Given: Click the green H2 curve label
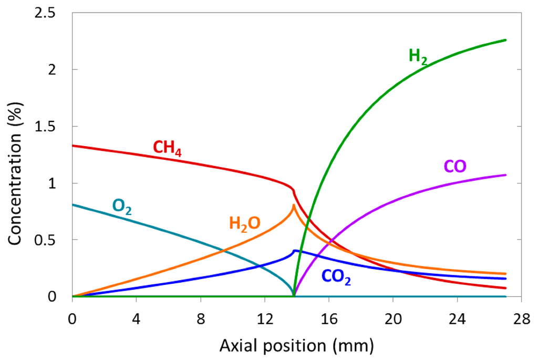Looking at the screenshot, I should coord(418,56).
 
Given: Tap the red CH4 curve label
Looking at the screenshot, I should coord(167,148).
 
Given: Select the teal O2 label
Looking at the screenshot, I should coord(121,207).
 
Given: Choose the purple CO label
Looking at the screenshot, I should coord(455,167).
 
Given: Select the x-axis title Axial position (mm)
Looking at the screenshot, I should coord(296,345).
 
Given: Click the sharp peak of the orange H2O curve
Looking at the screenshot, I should coord(293,205).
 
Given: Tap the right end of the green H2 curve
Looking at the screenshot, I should coord(505,40).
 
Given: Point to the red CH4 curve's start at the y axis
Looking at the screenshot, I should coord(73,146).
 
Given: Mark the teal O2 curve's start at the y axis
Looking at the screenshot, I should coord(73,204).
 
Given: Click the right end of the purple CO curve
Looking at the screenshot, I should coord(505,175).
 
